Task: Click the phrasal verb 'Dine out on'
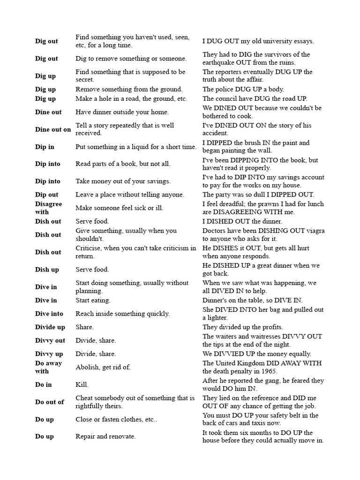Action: [53, 129]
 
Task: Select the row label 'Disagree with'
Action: [48, 208]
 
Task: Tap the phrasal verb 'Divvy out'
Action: [50, 340]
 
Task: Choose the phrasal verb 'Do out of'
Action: [49, 402]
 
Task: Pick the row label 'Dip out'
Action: [47, 195]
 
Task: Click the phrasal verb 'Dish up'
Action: [47, 270]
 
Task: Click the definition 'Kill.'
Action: [82, 384]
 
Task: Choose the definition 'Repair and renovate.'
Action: [105, 436]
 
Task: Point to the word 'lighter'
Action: [218, 318]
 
